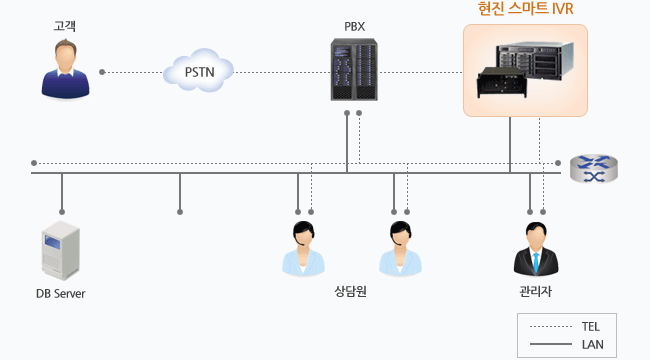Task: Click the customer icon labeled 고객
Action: (65, 69)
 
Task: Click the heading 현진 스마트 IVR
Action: (525, 10)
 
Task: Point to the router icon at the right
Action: (594, 168)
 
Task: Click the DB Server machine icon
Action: (59, 251)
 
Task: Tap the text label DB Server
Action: (60, 294)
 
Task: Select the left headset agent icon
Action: (303, 249)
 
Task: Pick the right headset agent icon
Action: (400, 249)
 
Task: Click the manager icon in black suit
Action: (535, 250)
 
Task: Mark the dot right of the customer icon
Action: (102, 72)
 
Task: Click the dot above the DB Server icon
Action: (62, 212)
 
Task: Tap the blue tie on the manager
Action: (535, 261)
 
